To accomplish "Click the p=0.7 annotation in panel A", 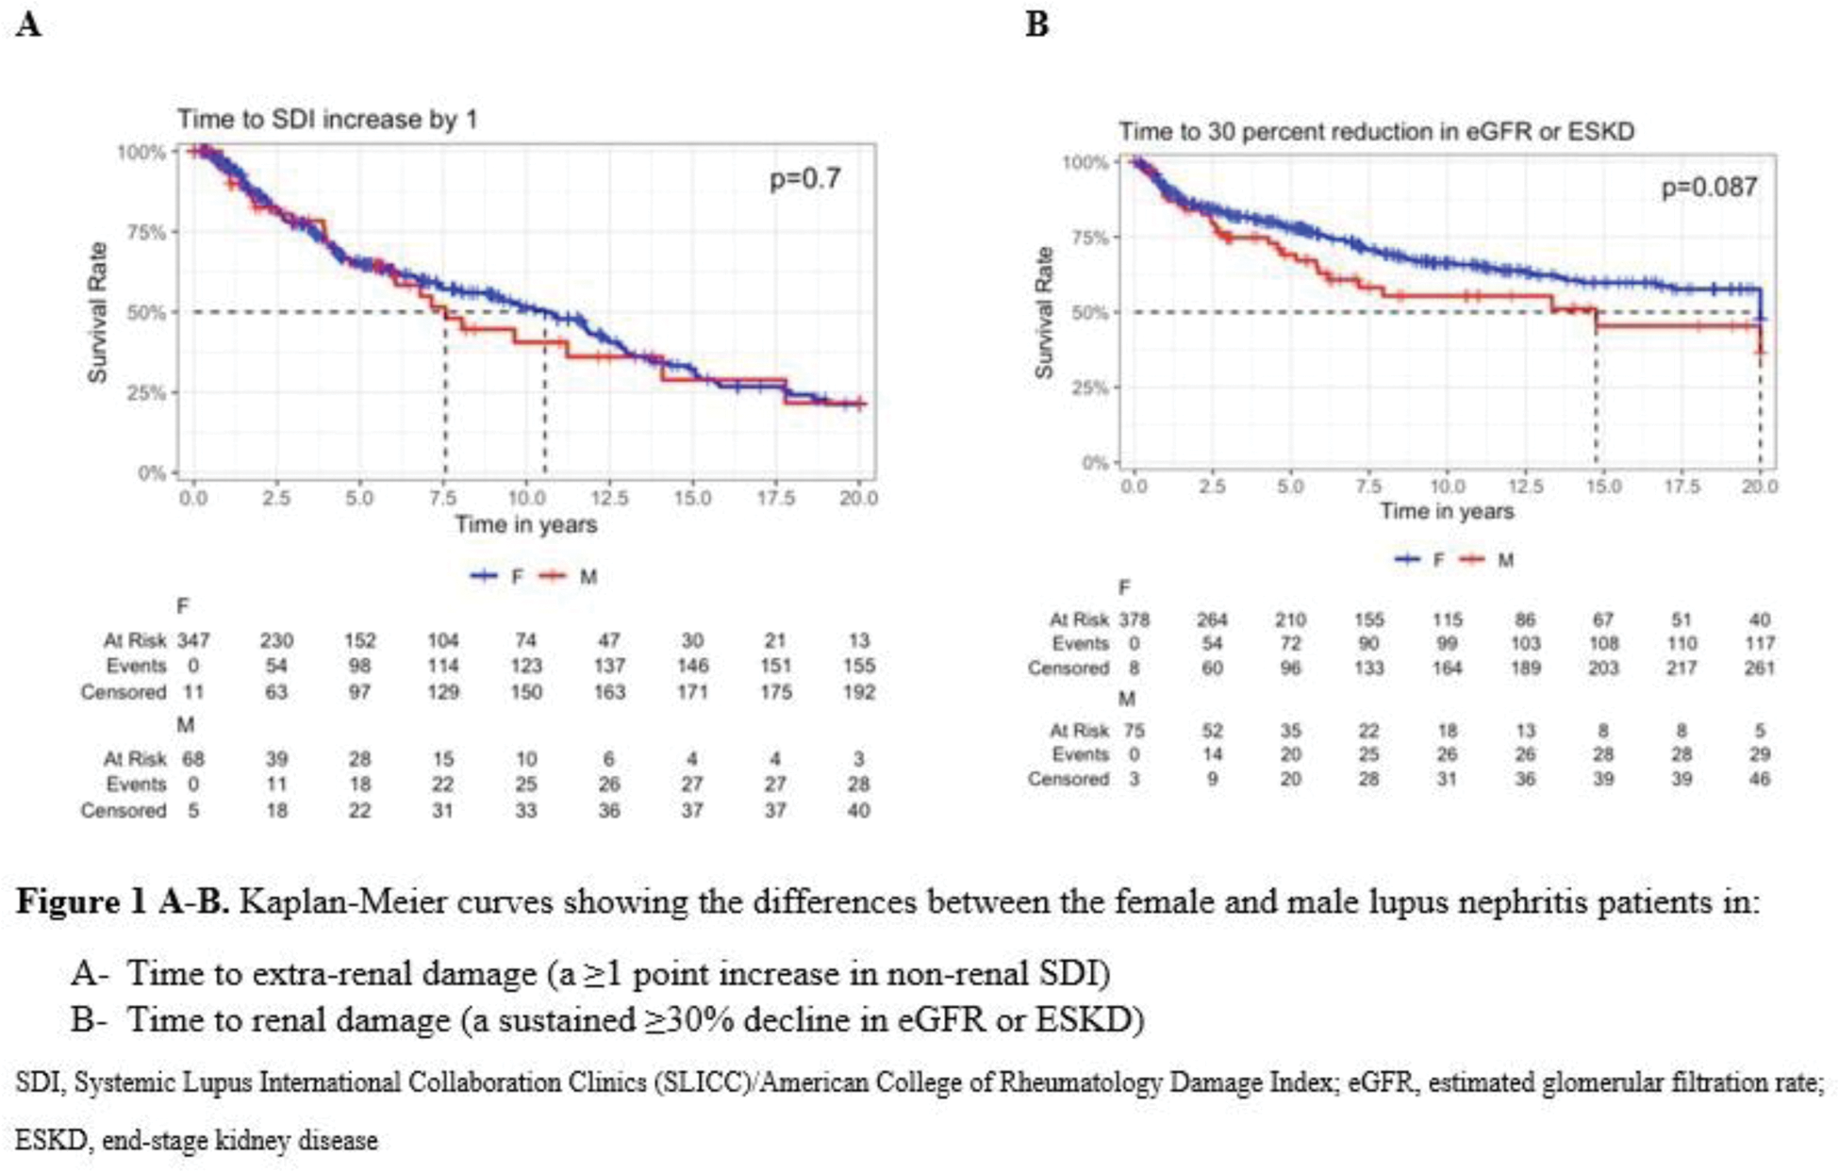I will (804, 178).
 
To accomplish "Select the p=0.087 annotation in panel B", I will (1709, 187).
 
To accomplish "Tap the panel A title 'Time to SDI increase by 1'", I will (327, 120).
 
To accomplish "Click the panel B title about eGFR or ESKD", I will (1376, 131).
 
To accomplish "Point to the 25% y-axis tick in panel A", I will (146, 392).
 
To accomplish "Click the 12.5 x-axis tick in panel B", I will (1525, 487).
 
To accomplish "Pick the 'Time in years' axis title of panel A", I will (526, 525).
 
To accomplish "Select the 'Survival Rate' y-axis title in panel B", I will (1044, 313).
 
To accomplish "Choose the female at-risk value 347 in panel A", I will (193, 640).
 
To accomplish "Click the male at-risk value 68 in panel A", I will (193, 758).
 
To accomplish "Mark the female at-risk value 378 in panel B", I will (1134, 619).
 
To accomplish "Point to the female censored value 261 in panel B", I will (1759, 669).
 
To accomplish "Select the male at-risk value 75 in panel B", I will (1134, 731).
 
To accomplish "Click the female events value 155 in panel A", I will (858, 666).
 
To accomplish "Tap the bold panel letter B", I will (1036, 24).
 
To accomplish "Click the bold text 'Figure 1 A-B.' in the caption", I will (123, 902).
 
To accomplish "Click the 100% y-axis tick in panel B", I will (1085, 162).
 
